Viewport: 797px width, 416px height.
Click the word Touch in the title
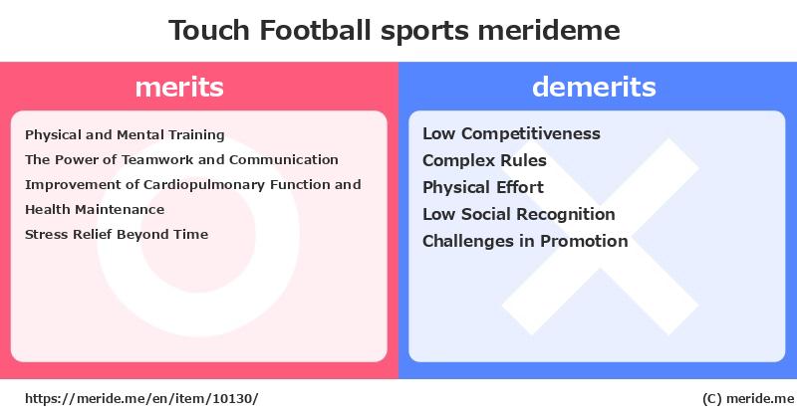(209, 30)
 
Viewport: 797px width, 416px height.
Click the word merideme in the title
(549, 30)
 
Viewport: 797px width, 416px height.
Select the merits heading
(179, 87)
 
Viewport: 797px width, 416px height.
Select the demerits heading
(594, 87)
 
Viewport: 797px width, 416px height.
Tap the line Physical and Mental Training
(125, 135)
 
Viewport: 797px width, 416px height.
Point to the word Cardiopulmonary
(204, 185)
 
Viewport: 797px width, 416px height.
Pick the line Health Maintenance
(95, 209)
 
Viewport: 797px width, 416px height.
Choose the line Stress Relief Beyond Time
(117, 234)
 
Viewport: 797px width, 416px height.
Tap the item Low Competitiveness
(511, 133)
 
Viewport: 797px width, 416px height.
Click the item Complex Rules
(484, 160)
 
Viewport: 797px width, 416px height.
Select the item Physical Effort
(483, 187)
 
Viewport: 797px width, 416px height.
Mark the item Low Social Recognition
(518, 214)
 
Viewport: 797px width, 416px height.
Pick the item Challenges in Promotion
(525, 241)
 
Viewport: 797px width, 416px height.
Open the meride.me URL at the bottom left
(141, 399)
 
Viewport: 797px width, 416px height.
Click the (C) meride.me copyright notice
(748, 399)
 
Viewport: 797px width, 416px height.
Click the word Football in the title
(315, 30)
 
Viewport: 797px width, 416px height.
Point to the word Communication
(284, 159)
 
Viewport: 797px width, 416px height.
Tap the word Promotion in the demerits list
(584, 241)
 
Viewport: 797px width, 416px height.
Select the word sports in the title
(424, 32)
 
